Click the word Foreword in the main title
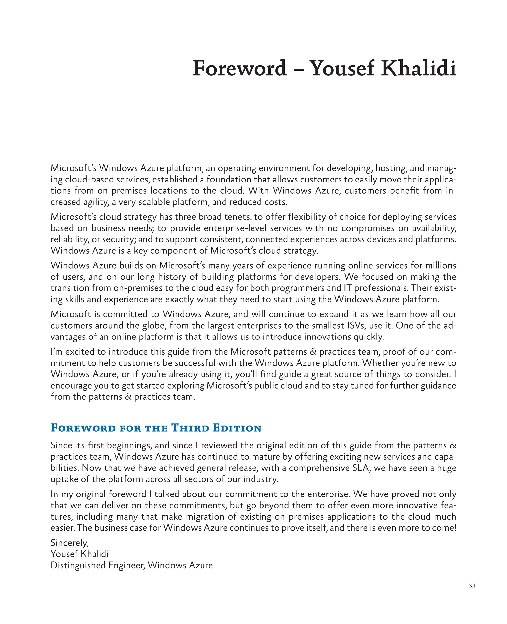239,68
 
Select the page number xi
472,585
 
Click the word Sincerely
70,543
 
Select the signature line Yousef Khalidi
79,554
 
